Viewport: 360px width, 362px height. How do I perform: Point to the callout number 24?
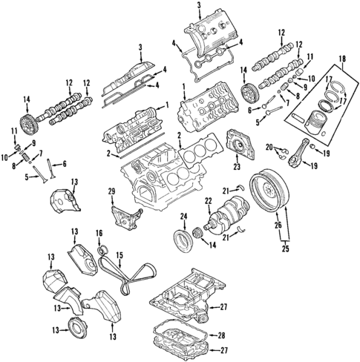tap(181, 217)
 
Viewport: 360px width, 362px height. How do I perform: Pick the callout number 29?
tap(112, 194)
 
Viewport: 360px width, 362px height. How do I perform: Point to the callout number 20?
tap(270, 147)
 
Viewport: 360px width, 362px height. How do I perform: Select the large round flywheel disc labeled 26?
tap(269, 192)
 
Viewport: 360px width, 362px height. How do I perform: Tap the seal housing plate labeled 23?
tap(239, 144)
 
